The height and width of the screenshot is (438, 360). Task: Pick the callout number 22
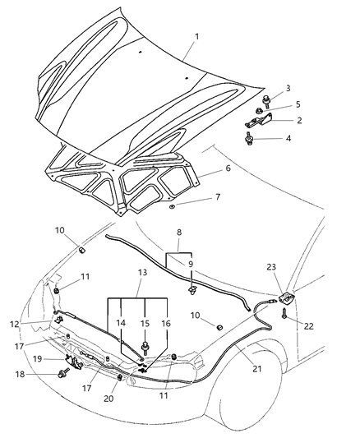pyautogui.click(x=308, y=326)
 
